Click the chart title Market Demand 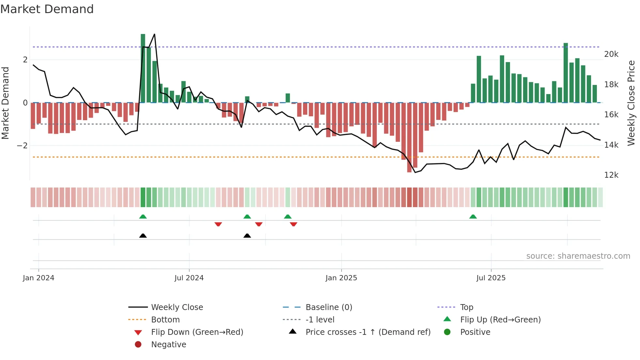coord(47,9)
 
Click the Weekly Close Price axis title coord(631,103)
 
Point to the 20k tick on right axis coord(611,54)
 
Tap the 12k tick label coord(611,175)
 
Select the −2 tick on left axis coord(22,146)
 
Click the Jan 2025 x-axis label coord(341,278)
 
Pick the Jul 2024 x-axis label coord(189,278)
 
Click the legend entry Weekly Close coord(177,307)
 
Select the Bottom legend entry coord(165,320)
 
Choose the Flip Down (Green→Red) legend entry coord(197,332)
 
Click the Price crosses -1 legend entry coord(368,332)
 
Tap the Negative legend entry coord(168,345)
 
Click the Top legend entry coord(466,307)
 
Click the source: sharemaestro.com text coord(578,256)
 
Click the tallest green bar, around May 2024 coord(143,69)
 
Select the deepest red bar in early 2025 coord(409,137)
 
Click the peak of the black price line coord(154,34)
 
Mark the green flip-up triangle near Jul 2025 coord(473,217)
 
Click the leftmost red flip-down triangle coord(218,224)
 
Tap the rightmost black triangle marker coord(247,236)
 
